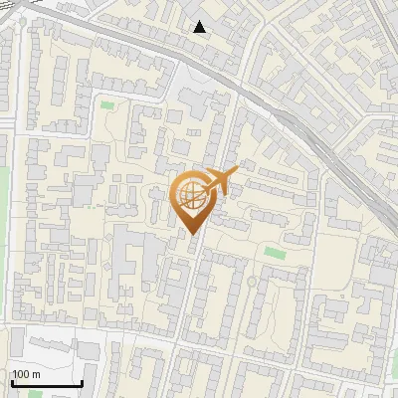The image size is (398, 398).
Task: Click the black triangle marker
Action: (200, 27)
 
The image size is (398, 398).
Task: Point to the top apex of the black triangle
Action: (200, 21)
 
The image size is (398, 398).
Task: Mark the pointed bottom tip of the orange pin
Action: (193, 234)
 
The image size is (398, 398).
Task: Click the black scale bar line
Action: (47, 384)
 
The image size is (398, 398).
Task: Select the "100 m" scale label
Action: (25, 375)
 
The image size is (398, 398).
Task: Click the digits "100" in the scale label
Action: (21, 375)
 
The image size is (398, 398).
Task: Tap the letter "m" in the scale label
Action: (35, 375)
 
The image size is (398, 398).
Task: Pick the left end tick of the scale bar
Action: (12, 382)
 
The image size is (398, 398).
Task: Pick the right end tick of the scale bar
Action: (82, 382)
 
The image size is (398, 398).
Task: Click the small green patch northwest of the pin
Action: (106, 104)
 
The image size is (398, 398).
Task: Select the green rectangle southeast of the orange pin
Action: (274, 253)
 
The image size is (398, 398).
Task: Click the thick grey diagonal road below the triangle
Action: (149, 55)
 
